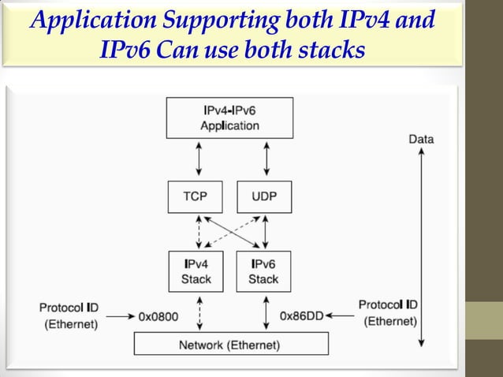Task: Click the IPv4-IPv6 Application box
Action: (x=229, y=118)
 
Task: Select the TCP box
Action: (x=196, y=196)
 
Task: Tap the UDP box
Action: (x=263, y=196)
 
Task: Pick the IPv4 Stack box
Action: (x=196, y=271)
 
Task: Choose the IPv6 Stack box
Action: (x=263, y=271)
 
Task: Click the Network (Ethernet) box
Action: (x=230, y=344)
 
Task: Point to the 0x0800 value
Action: (x=158, y=316)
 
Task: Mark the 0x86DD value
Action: (x=300, y=315)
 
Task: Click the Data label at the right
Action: (x=421, y=140)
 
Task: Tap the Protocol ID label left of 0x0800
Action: (x=69, y=315)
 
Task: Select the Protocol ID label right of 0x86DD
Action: (x=387, y=312)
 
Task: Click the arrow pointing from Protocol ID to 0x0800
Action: (x=120, y=316)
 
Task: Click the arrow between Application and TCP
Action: (x=199, y=159)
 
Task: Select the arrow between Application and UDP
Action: (x=267, y=159)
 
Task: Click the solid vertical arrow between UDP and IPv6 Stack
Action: (x=266, y=232)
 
